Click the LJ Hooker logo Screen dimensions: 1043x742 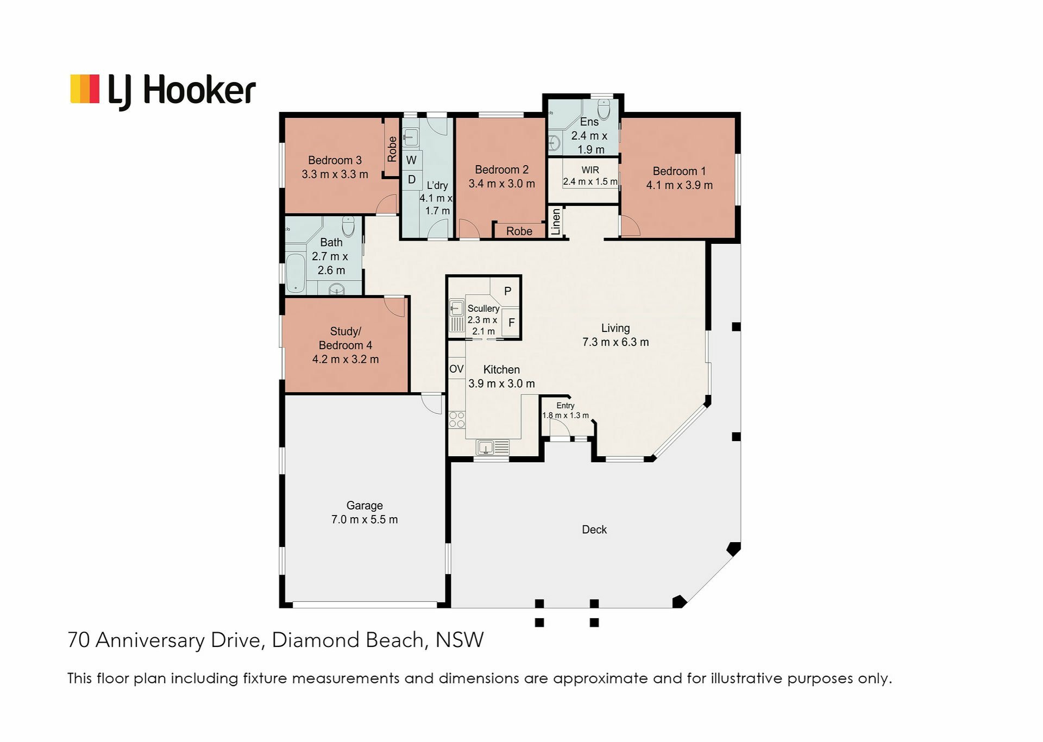[163, 91]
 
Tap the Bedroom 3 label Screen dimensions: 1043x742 [335, 167]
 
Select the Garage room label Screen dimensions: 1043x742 [365, 512]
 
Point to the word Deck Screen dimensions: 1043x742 [594, 530]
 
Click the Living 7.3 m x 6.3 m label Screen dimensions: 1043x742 [615, 335]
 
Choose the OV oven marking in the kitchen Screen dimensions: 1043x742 [456, 369]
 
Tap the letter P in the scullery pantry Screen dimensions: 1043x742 [508, 291]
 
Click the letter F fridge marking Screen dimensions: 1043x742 [511, 323]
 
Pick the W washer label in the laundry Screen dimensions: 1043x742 [411, 160]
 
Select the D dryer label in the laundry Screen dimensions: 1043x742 [412, 180]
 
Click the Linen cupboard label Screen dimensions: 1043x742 [555, 222]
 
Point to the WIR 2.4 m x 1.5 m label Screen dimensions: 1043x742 [590, 176]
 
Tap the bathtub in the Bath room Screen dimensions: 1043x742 [296, 273]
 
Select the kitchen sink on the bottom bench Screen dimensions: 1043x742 [493, 448]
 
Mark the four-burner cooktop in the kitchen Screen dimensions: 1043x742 [457, 420]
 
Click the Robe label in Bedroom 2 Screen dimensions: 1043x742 [519, 231]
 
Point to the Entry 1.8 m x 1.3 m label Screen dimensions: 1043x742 [566, 411]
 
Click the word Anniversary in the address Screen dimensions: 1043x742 [150, 640]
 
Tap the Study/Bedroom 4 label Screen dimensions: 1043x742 [345, 345]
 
